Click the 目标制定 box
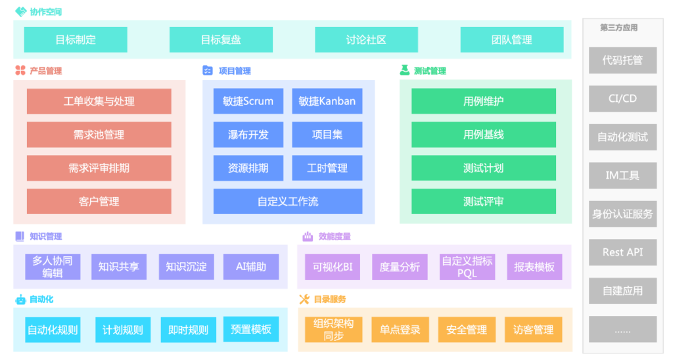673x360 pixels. (76, 39)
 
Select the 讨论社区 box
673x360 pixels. (366, 39)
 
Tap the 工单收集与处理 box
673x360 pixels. (99, 101)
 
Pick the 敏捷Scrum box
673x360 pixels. (248, 101)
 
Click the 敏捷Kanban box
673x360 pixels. (327, 101)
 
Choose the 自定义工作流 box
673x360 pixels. (287, 201)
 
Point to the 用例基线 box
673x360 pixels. (483, 135)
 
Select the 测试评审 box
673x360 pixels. (483, 201)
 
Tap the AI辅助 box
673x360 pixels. (250, 267)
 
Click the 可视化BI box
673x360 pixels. (333, 267)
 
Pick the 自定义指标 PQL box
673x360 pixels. (467, 267)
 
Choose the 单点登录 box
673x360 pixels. (400, 330)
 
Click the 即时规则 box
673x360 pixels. (188, 330)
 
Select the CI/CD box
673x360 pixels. (622, 99)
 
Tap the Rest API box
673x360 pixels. (622, 252)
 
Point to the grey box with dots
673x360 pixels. (622, 329)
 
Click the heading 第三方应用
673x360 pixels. (618, 28)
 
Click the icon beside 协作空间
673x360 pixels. (20, 12)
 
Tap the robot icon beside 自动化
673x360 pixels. (20, 300)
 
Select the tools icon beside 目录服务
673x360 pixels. (304, 300)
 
